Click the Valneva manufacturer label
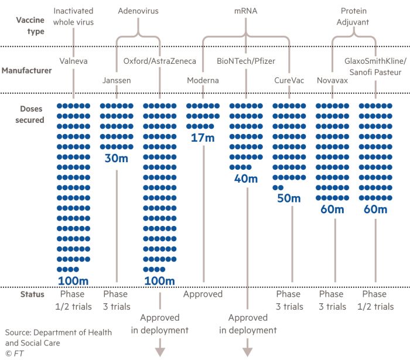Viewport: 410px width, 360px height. [x=73, y=61]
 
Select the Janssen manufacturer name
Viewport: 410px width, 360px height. [x=116, y=80]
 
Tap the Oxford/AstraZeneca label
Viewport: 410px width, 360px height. [x=159, y=61]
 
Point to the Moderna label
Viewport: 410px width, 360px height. [x=203, y=80]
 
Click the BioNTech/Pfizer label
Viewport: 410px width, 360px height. [x=246, y=61]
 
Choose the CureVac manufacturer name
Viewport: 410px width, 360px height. [x=291, y=80]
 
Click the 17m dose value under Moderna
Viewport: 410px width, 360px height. [x=203, y=139]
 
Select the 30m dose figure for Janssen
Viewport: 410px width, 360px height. [x=116, y=158]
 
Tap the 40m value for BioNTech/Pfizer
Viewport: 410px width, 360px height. [x=246, y=179]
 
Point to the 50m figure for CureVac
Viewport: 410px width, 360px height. [x=289, y=198]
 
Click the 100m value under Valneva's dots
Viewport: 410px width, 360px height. [x=73, y=280]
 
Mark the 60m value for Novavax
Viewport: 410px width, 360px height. [x=332, y=209]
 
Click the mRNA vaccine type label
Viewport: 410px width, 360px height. [x=246, y=11]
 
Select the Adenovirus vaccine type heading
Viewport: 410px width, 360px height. [x=138, y=11]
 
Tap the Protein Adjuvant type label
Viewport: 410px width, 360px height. [x=354, y=16]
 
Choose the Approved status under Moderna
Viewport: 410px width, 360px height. [x=203, y=294]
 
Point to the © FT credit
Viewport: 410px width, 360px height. [x=15, y=353]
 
